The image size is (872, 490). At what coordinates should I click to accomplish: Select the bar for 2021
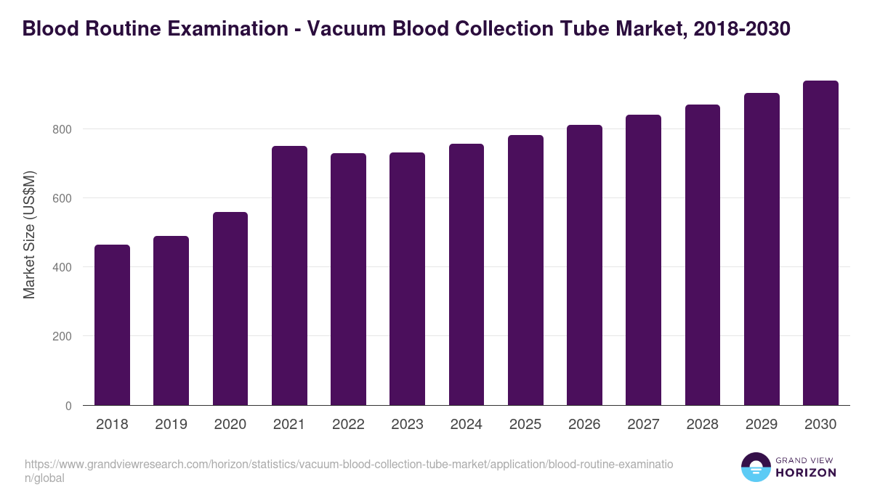point(289,276)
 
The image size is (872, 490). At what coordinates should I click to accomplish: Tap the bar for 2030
point(820,243)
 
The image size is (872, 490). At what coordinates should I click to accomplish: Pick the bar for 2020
point(230,309)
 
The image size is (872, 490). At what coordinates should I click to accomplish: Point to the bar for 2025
point(525,270)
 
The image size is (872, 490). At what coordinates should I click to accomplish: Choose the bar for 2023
point(407,279)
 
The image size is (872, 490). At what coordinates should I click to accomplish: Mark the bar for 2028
point(702,255)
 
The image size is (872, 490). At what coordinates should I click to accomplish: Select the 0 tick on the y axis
point(68,406)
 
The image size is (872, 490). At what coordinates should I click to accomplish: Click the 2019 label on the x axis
point(171,425)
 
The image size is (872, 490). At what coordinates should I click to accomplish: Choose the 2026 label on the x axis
point(584,425)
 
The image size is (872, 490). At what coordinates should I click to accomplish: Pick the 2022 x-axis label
point(348,425)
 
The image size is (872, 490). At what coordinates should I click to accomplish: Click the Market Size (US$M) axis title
point(29,234)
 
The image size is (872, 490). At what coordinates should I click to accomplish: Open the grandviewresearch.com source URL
point(349,470)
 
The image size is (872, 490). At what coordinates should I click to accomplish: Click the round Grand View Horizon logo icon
point(756,467)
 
